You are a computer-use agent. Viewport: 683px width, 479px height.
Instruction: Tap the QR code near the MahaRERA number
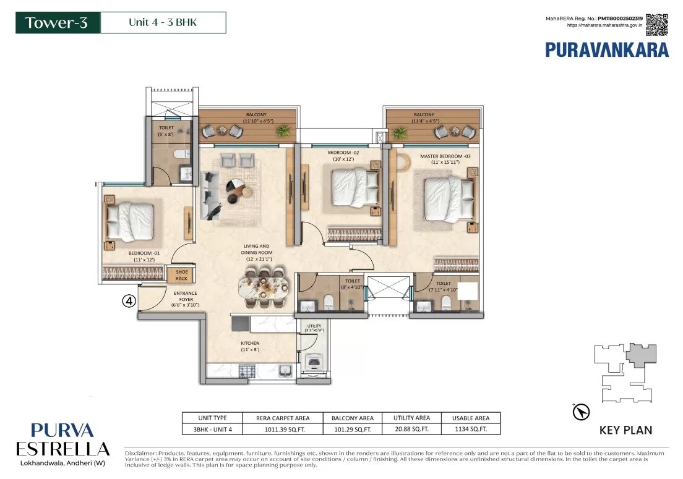point(657,25)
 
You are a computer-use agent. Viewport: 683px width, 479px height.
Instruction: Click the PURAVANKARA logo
point(606,49)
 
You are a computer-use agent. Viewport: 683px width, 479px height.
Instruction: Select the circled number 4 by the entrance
point(129,301)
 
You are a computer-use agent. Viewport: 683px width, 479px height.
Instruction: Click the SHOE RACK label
point(181,275)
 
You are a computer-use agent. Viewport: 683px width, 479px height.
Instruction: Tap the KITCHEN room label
point(251,346)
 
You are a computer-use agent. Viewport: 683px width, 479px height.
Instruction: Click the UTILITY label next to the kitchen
point(314,328)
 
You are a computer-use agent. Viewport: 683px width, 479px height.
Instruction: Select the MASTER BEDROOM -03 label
point(445,159)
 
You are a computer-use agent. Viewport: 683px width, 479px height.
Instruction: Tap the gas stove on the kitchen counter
point(247,371)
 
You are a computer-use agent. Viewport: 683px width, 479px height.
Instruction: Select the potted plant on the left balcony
point(283,130)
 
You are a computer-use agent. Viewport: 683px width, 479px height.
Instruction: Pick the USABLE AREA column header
point(470,418)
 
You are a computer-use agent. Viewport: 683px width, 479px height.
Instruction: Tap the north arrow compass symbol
point(582,412)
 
